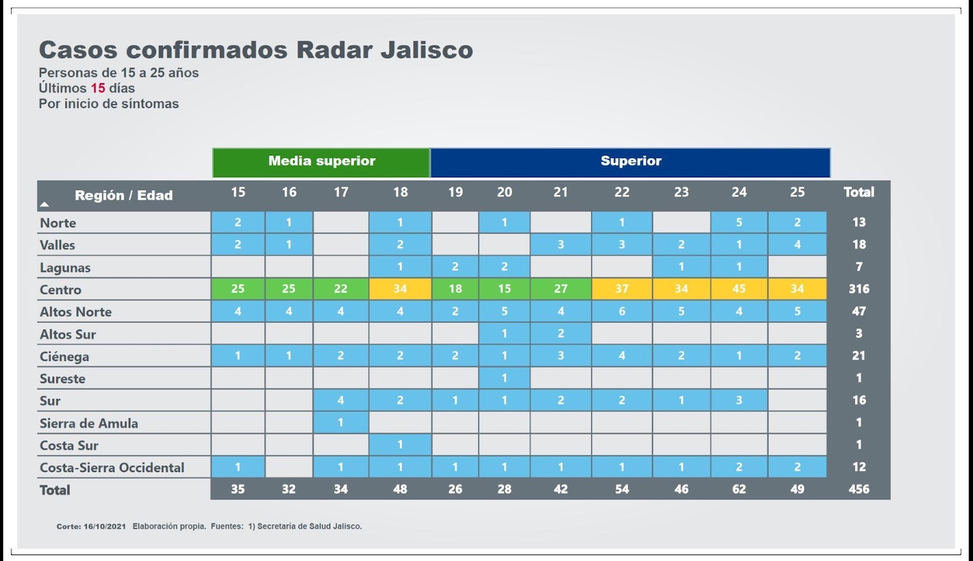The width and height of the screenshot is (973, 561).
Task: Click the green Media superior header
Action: [321, 162]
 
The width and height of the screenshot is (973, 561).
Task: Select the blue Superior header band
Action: [630, 162]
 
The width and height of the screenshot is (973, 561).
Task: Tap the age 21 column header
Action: [560, 193]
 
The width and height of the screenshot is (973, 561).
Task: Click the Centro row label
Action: [61, 290]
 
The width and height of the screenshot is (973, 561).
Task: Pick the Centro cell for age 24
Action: [739, 289]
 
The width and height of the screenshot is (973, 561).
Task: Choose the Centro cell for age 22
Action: [622, 289]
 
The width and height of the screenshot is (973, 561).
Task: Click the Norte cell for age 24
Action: [739, 222]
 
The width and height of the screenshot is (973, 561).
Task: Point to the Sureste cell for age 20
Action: [504, 378]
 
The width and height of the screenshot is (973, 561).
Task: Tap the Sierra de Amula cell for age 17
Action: [341, 422]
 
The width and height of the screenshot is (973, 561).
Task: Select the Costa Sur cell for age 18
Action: [400, 445]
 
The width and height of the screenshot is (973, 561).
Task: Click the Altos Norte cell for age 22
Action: [622, 311]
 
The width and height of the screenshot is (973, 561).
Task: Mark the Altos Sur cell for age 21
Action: [560, 334]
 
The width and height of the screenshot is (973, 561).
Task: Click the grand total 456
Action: [859, 489]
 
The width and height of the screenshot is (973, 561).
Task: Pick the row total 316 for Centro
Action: [859, 289]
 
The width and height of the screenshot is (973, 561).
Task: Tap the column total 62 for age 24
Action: [739, 489]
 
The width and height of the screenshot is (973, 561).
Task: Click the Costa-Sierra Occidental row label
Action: [112, 468]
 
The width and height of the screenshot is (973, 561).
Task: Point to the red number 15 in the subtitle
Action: [98, 88]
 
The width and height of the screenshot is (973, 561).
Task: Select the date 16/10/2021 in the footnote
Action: [105, 526]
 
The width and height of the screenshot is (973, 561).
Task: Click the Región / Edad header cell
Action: [123, 196]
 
